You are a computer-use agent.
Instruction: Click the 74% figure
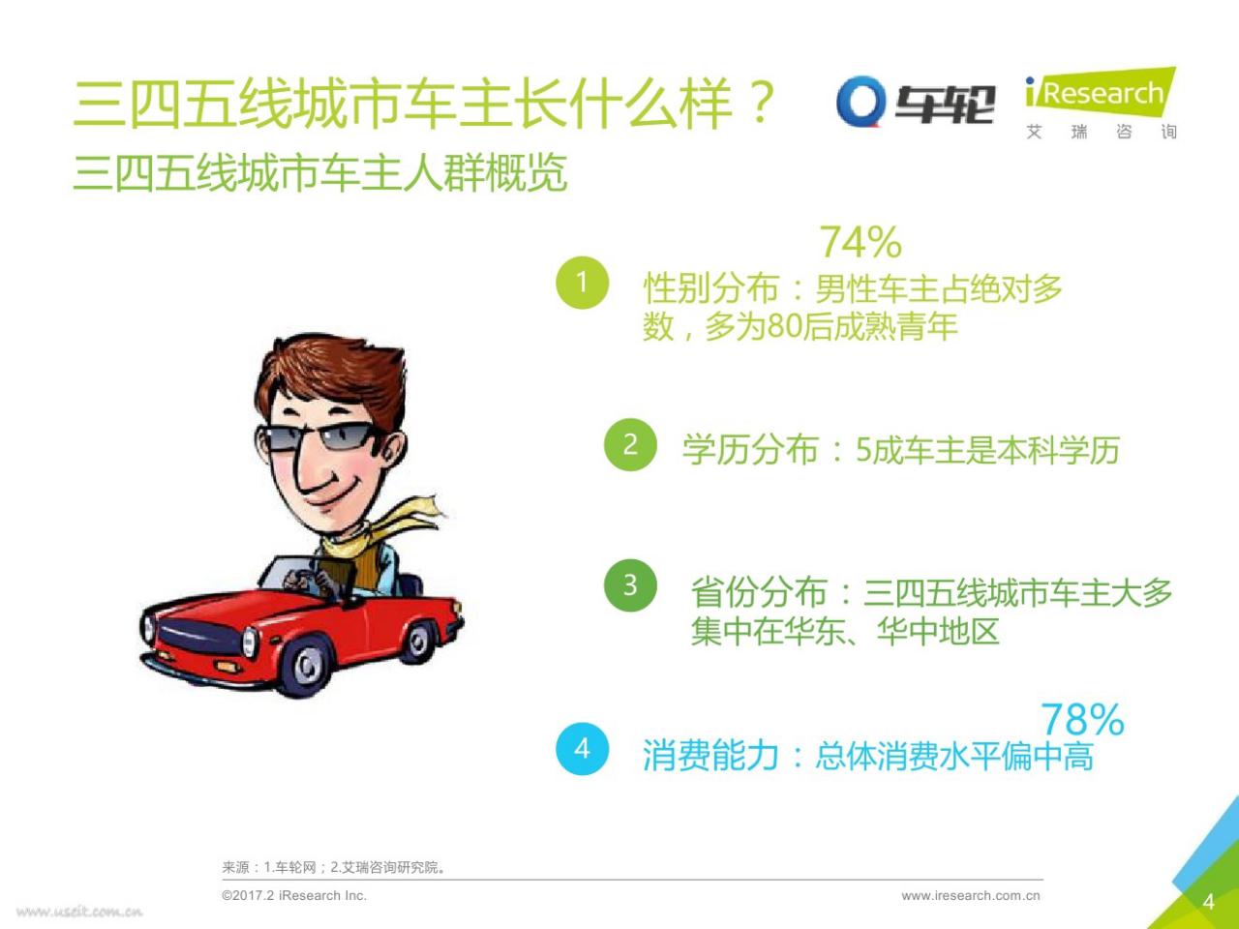coord(861,243)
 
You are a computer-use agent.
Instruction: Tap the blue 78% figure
coord(1082,719)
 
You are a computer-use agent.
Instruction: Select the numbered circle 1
coord(582,282)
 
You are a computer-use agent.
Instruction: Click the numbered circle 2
coord(630,444)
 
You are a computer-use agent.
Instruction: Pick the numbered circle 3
coord(630,585)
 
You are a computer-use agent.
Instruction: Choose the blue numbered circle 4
coord(582,749)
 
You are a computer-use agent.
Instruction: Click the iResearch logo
coord(1101,103)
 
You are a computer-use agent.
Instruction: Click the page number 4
coord(1209,902)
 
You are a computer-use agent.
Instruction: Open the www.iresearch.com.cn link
coord(971,896)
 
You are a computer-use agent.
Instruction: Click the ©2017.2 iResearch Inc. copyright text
coord(294,896)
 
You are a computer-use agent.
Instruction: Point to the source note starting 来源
coord(334,867)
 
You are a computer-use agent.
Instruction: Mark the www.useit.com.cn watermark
coord(79,912)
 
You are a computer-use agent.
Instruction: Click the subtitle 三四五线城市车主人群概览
coord(320,172)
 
